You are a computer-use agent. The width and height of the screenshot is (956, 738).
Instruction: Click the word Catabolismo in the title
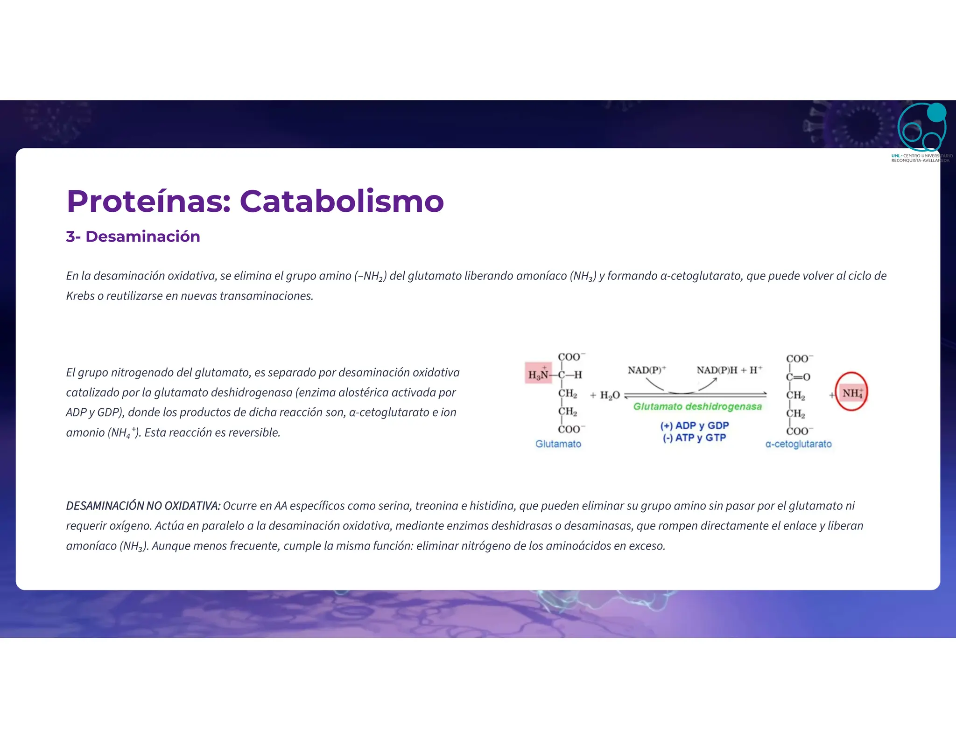click(342, 202)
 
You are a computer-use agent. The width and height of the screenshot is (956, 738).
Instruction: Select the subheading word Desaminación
click(143, 237)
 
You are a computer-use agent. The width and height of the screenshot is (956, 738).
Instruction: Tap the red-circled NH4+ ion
click(851, 393)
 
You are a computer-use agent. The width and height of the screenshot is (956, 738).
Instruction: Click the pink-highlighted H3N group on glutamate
click(538, 374)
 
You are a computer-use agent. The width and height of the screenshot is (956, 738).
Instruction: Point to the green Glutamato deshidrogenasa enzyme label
click(697, 407)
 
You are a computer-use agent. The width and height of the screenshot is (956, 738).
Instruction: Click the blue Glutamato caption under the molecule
click(558, 444)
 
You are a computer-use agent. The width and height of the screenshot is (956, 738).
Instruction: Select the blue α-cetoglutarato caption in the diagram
click(798, 444)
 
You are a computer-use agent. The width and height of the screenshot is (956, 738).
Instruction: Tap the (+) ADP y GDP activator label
click(694, 425)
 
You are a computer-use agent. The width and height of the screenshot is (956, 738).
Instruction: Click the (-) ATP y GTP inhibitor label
click(694, 438)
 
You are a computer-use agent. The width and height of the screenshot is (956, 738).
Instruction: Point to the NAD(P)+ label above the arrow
click(647, 370)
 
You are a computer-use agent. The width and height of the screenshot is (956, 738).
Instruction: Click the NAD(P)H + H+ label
click(729, 370)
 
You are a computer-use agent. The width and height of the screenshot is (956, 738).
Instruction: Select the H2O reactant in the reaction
click(610, 396)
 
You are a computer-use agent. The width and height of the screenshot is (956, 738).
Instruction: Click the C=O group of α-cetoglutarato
click(799, 377)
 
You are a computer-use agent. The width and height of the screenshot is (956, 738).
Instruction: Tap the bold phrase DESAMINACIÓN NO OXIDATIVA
click(143, 506)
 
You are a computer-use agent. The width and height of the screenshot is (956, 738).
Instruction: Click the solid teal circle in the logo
click(936, 112)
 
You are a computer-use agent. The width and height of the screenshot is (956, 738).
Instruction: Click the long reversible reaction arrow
click(696, 395)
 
